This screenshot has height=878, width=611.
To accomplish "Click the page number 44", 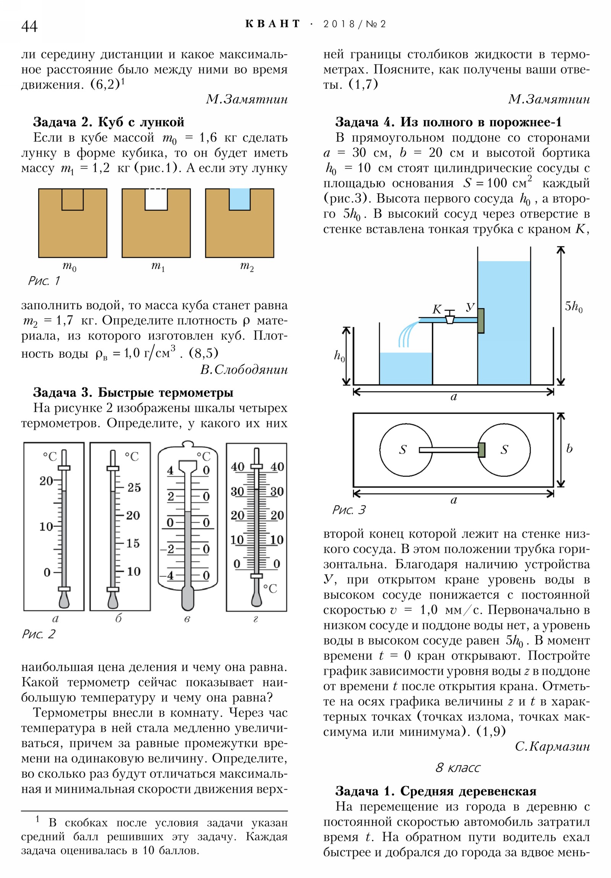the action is [29, 26].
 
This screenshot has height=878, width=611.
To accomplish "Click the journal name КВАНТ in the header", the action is [273, 24].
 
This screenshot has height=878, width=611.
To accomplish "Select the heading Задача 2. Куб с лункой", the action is [109, 122].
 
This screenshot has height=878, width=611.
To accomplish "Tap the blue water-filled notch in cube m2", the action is [239, 199].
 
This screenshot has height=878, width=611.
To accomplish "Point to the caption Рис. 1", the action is [44, 281].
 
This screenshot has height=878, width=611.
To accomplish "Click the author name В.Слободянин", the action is [244, 370].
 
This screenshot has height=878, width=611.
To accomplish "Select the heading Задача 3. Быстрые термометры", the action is [133, 392].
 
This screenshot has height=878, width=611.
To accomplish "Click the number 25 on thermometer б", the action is [134, 487].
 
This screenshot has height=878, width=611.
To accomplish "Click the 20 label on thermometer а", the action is [46, 481].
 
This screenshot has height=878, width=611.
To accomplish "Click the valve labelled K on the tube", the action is [450, 316].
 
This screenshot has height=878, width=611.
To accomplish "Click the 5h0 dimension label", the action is [574, 306].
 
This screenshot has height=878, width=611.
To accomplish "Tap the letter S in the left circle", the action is [403, 450].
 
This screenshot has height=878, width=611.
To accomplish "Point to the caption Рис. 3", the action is [349, 510].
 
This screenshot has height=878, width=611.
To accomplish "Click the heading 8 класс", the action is [457, 767].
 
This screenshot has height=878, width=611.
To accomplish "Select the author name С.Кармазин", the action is [553, 746].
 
